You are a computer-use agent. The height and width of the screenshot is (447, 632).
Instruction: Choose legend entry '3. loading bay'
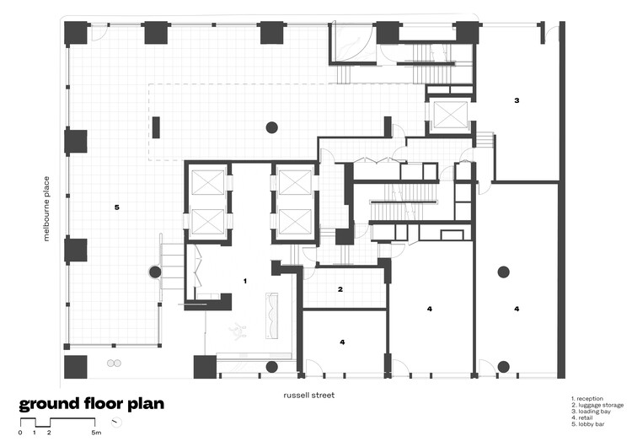click(592, 412)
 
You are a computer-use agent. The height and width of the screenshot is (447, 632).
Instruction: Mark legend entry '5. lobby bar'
click(589, 425)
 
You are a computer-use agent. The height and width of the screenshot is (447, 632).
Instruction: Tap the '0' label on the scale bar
click(20, 433)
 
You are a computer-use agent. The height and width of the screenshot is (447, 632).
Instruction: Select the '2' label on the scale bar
click(49, 433)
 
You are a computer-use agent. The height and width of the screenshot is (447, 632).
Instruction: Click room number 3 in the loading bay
click(517, 100)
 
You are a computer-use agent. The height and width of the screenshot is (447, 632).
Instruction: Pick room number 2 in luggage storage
click(340, 289)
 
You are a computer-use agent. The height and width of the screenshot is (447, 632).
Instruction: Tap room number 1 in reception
click(245, 279)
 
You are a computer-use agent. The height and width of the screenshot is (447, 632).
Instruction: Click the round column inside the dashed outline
click(271, 127)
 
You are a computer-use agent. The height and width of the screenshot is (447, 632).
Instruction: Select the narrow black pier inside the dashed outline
click(156, 127)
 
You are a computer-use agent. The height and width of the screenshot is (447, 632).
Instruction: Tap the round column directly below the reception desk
click(271, 367)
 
